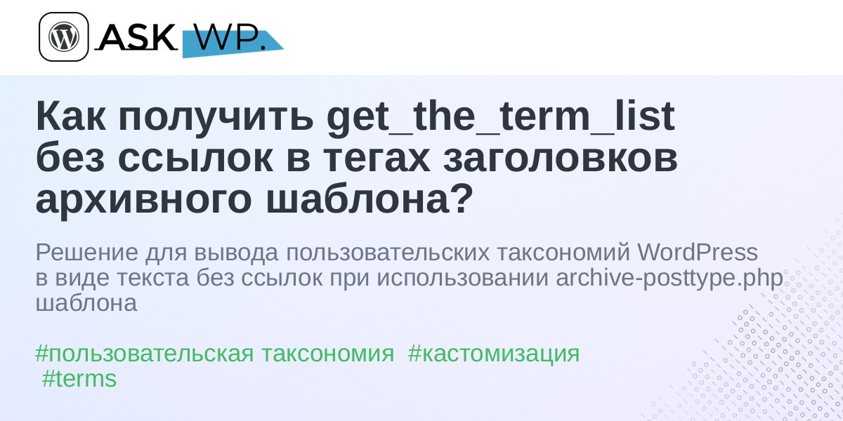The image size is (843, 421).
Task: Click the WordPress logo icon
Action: (x=64, y=36)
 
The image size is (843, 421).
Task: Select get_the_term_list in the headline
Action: (x=500, y=117)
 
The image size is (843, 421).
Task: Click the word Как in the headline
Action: (x=71, y=117)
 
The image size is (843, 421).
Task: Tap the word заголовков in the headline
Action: (x=561, y=159)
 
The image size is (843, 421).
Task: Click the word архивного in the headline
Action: (x=143, y=201)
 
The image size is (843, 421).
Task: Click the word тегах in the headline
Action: (x=377, y=159)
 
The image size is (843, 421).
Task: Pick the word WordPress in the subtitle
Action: (x=698, y=252)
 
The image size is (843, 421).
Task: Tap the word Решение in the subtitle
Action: (x=87, y=253)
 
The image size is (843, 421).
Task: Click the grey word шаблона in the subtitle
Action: (x=86, y=304)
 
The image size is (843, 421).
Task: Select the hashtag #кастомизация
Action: (x=493, y=354)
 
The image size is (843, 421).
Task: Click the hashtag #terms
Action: (x=79, y=378)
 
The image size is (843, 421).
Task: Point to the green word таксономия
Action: (x=328, y=354)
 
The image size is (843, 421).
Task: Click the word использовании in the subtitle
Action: (x=462, y=279)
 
